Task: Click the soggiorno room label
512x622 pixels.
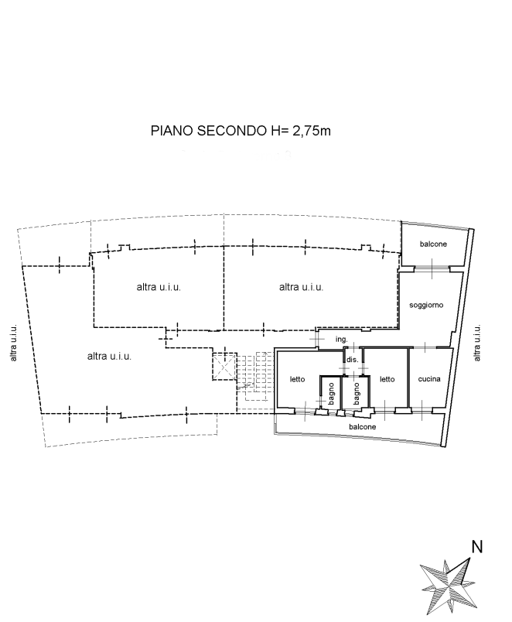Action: click(426, 305)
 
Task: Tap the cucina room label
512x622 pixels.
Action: click(429, 379)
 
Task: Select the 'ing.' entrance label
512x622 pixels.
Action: click(342, 339)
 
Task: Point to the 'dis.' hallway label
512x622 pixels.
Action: click(352, 360)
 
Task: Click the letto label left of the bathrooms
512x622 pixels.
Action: click(297, 379)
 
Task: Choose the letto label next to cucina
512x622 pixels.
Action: click(387, 379)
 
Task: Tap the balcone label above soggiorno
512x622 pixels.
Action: click(433, 244)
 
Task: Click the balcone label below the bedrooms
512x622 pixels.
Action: click(362, 427)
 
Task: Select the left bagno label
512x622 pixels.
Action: click(332, 394)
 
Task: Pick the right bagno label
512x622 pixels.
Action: click(356, 394)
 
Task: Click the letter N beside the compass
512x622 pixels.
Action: click(476, 547)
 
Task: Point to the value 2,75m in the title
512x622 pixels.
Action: click(312, 131)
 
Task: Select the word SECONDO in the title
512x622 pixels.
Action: click(232, 131)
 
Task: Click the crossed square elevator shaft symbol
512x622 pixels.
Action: click(224, 366)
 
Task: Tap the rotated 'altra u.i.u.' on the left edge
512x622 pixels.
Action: click(13, 343)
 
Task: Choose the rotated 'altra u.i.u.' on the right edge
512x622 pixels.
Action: click(477, 343)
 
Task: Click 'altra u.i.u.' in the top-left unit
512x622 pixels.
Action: click(159, 287)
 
